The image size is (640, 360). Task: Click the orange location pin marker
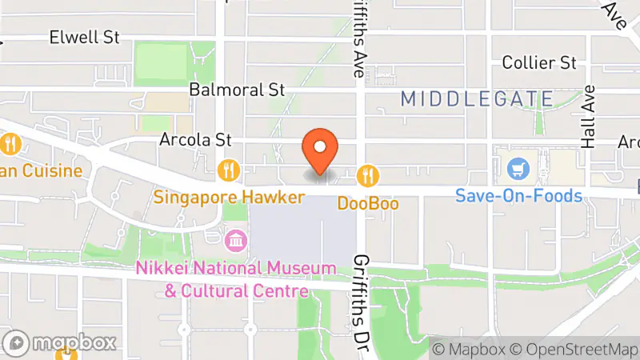(x=320, y=150)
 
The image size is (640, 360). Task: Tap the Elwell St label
(x=84, y=37)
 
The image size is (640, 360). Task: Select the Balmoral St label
(x=238, y=89)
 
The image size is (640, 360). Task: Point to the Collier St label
(x=539, y=62)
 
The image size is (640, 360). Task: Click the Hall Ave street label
(x=590, y=117)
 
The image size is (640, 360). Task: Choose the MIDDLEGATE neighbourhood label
(x=477, y=99)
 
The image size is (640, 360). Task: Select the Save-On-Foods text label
(x=519, y=194)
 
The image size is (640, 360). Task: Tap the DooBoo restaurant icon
(x=367, y=174)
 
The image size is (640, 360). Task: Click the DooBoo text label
(x=367, y=203)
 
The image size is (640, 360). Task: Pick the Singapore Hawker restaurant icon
(x=229, y=169)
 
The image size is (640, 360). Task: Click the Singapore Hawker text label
(x=230, y=196)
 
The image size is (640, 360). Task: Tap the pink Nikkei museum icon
(x=237, y=239)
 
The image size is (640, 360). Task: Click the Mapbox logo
(x=61, y=343)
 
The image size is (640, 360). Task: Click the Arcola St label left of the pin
(x=195, y=139)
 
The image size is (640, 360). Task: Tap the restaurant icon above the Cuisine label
(x=10, y=145)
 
